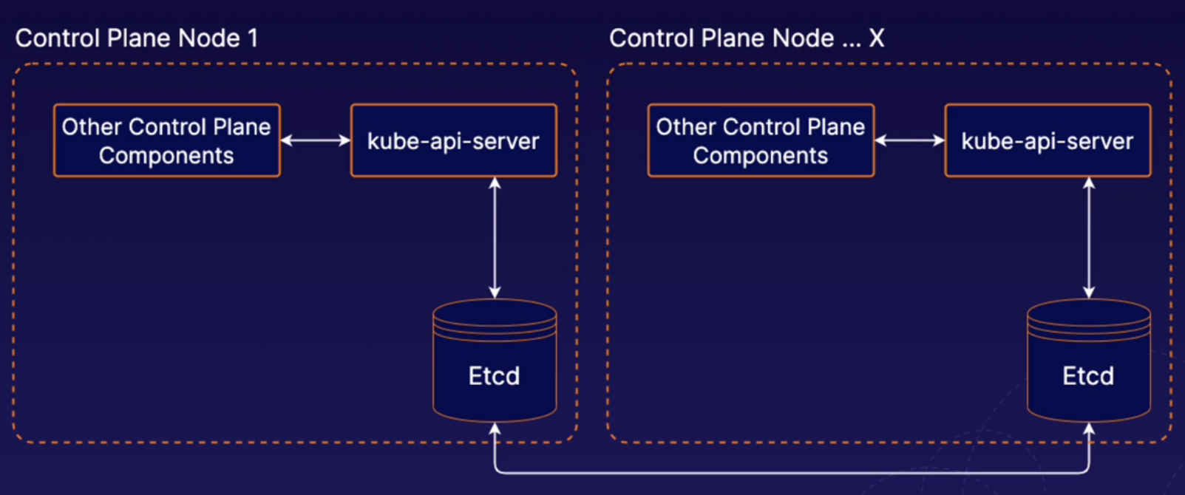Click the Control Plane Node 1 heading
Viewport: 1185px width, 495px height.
(137, 38)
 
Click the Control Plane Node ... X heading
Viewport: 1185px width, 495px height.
(747, 38)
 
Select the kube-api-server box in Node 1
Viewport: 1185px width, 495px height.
(453, 140)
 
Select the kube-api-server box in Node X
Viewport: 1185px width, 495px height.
(1048, 140)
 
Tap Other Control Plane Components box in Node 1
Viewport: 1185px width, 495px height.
(166, 140)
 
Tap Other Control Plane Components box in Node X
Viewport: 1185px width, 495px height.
(761, 140)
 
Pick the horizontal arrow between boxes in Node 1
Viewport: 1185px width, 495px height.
(316, 140)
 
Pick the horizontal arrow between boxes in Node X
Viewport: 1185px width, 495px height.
(909, 140)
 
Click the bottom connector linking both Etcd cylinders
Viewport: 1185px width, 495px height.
(791, 472)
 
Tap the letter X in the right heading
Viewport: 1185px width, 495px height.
(876, 38)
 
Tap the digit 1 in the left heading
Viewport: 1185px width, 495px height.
(254, 38)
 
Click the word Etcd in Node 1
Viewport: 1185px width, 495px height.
(494, 376)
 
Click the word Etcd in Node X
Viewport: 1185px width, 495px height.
(1088, 376)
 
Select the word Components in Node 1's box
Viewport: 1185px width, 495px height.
(166, 156)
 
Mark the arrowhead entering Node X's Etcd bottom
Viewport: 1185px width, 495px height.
(1088, 429)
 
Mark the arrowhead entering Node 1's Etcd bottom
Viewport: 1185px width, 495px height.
(495, 429)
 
